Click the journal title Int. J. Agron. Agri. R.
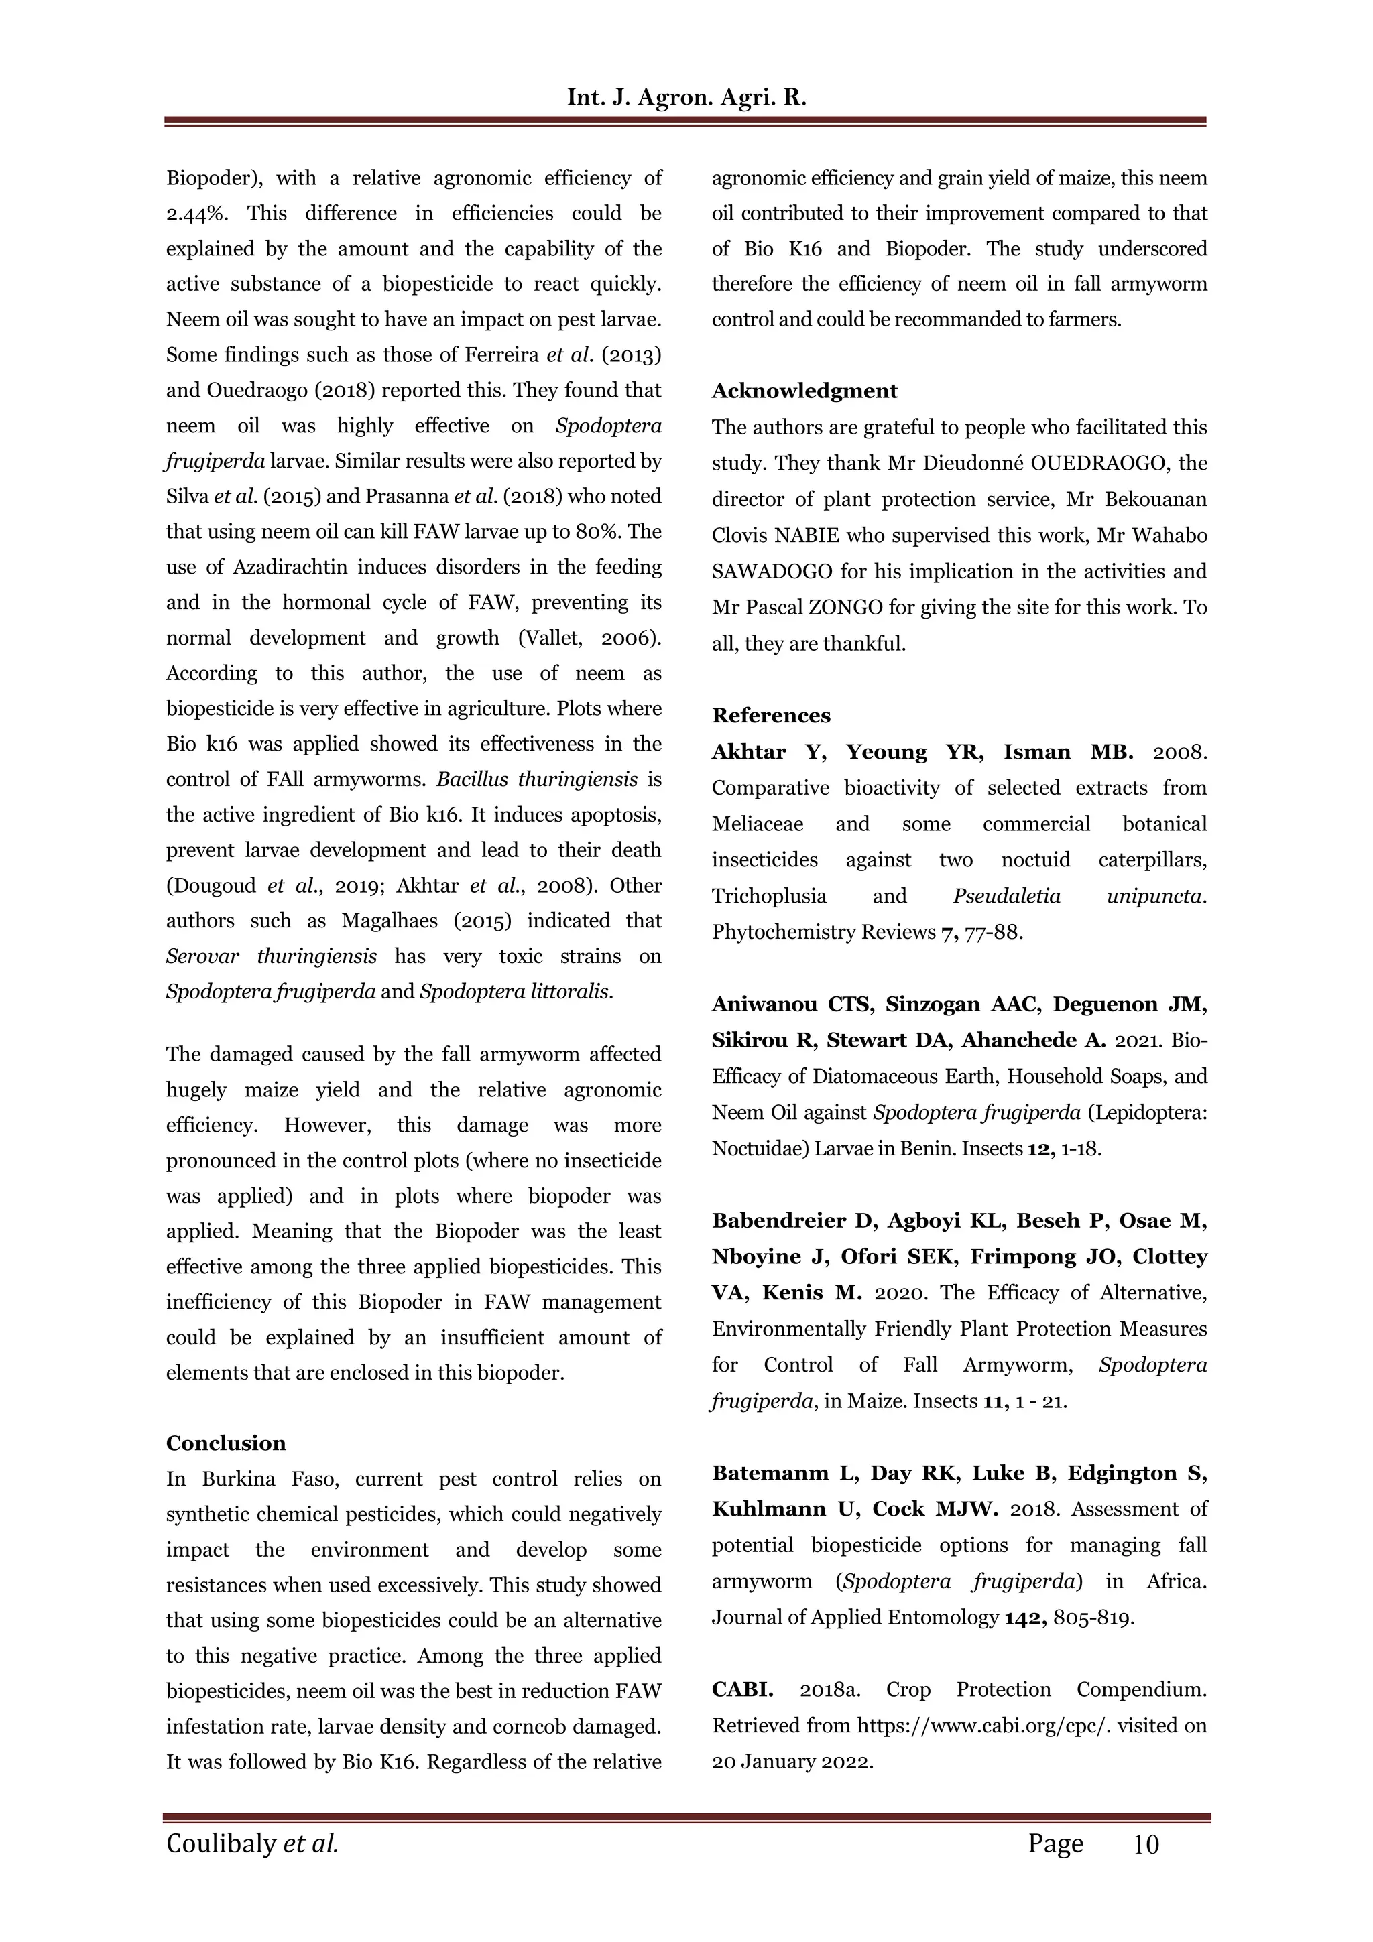pos(686,97)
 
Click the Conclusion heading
pos(226,1443)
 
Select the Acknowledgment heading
pos(804,391)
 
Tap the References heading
pos(771,716)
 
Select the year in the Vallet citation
pos(630,638)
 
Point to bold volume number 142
pos(1024,1618)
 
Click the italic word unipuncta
pos(1156,897)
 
